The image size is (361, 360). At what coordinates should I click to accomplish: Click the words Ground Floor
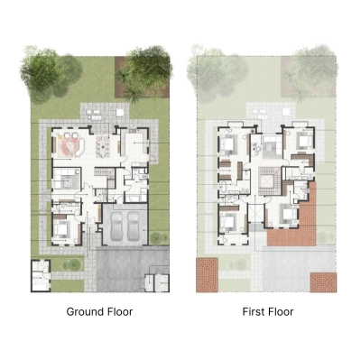point(99,312)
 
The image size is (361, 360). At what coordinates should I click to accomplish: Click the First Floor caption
point(267,312)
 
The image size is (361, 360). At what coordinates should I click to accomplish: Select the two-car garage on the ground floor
point(125,225)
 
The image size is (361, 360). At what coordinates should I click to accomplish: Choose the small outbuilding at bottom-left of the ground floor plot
point(42,272)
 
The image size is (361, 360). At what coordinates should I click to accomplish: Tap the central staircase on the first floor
point(268,180)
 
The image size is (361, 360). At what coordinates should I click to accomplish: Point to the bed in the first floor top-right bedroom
point(296,143)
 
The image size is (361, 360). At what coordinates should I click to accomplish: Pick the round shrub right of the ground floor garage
point(161,236)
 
